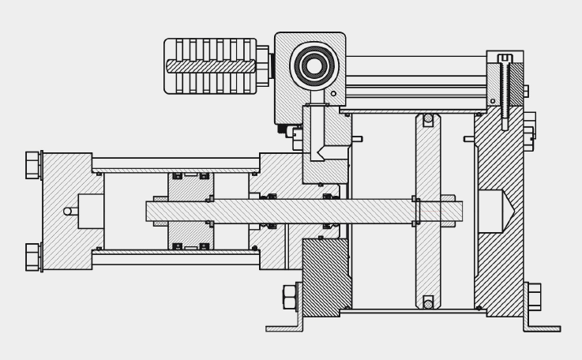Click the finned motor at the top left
(x=210, y=66)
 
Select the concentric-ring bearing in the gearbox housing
(x=314, y=65)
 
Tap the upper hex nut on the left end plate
(x=33, y=165)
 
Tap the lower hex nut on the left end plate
(x=33, y=257)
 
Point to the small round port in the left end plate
(x=69, y=211)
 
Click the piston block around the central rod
(x=190, y=211)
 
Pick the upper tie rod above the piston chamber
(x=175, y=163)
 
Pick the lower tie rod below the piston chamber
(x=175, y=257)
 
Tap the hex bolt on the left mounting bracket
(x=290, y=297)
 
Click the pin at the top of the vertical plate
(x=428, y=118)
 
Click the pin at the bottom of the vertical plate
(x=428, y=304)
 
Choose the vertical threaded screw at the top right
(x=505, y=91)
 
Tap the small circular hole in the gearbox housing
(x=333, y=94)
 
